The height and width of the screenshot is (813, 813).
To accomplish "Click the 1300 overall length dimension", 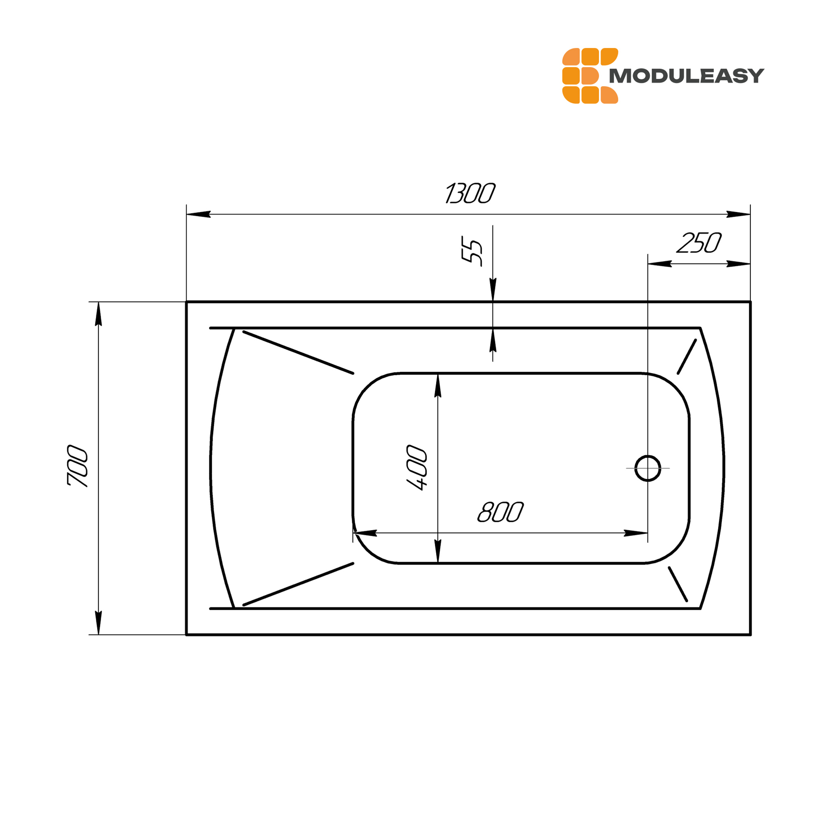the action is coord(470,193).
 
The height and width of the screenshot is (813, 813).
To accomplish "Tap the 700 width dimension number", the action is coord(77,466).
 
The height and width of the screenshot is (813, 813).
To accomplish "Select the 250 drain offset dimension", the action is coord(699,243).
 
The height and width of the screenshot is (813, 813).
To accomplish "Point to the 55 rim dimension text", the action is coord(472,251).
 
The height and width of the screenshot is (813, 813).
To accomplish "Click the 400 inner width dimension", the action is coord(417,467).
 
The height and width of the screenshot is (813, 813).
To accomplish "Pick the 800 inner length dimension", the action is coord(500,512).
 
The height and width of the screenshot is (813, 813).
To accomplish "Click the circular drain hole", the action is coord(648,468).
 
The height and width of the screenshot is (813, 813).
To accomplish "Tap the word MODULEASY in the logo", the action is coord(686,76).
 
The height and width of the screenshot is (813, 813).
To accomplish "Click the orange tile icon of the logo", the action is coord(590,76).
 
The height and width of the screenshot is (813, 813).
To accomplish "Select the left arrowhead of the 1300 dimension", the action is coord(198,214).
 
